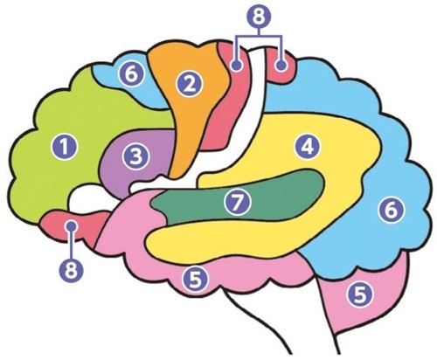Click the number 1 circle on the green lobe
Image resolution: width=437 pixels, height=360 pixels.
(64, 147)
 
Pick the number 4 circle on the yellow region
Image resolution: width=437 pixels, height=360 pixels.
(308, 147)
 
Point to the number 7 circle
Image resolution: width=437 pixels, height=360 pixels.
(238, 202)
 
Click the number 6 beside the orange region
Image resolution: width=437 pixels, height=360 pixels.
(132, 74)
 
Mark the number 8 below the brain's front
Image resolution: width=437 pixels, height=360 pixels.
(71, 270)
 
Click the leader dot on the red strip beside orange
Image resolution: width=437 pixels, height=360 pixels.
(237, 66)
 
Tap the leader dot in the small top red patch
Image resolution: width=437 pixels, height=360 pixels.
(281, 66)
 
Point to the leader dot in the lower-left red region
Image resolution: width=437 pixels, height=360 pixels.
(72, 225)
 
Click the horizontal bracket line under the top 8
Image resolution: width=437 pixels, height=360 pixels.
(259, 37)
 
